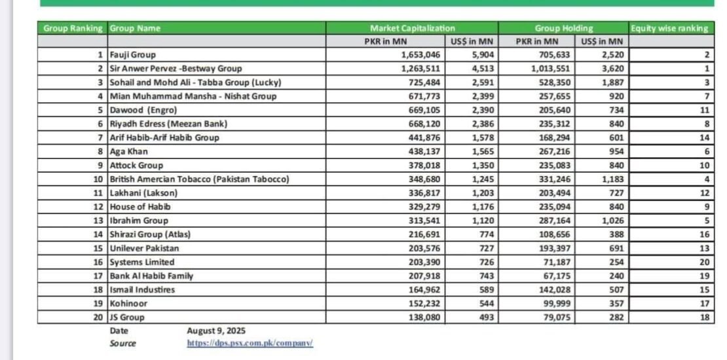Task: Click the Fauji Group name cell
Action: tap(133, 55)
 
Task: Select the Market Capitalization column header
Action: tap(412, 28)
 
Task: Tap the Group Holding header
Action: tap(564, 28)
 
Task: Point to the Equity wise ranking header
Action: tap(669, 28)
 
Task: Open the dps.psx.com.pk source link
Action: tap(250, 343)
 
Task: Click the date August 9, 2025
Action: tap(216, 331)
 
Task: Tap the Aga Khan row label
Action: tap(128, 151)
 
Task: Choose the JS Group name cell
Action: tap(127, 317)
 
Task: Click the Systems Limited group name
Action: tap(141, 262)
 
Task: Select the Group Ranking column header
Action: tap(73, 28)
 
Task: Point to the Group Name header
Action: tap(135, 28)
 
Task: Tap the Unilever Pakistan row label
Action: tap(144, 248)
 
